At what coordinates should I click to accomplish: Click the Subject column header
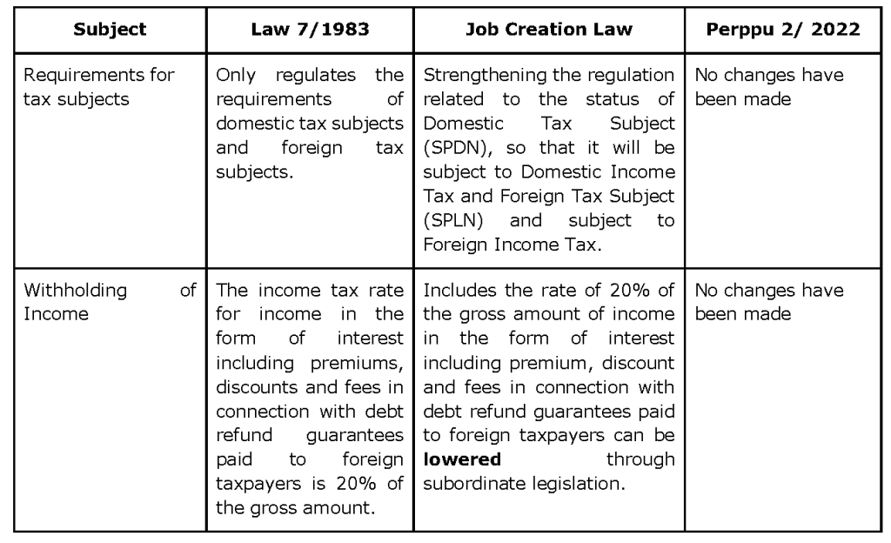click(110, 29)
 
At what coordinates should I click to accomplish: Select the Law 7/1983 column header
click(310, 29)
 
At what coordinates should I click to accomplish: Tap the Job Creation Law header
click(548, 29)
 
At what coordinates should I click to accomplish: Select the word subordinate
click(467, 481)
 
